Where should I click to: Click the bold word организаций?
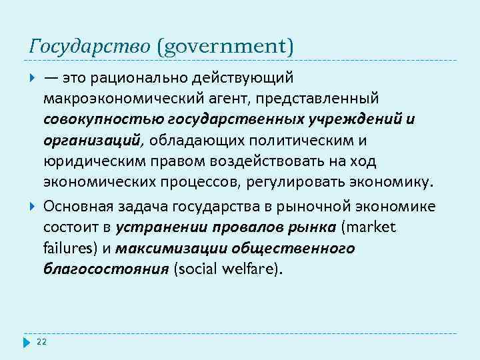pos(93,141)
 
